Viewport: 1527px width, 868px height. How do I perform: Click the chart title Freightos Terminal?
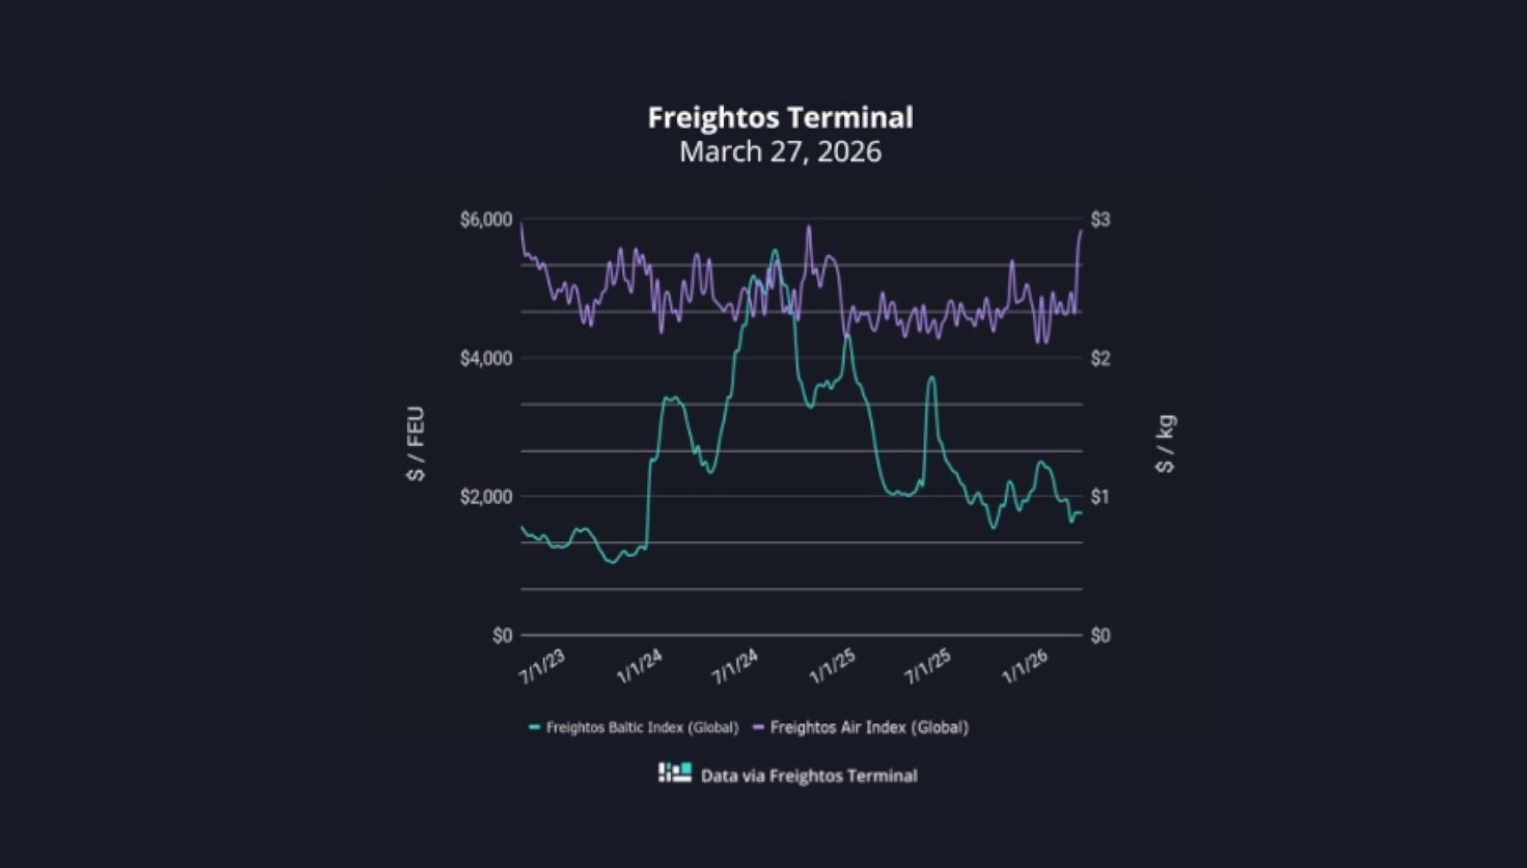click(x=780, y=118)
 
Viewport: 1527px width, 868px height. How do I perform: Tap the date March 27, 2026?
click(x=780, y=152)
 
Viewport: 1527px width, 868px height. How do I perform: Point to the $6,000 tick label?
click(x=485, y=219)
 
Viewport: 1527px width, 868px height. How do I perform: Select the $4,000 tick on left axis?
click(x=485, y=358)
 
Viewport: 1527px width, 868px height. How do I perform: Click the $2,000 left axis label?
click(x=485, y=497)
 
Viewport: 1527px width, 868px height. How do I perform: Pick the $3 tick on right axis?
click(x=1100, y=219)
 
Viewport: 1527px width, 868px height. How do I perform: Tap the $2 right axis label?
click(x=1100, y=358)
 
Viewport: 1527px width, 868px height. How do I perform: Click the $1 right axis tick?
click(x=1100, y=497)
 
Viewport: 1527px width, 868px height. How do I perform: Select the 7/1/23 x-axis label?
click(x=542, y=667)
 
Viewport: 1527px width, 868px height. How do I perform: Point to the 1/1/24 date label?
click(x=639, y=667)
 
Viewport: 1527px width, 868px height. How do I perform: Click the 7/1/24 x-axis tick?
click(x=735, y=667)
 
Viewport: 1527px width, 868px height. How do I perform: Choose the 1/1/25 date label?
click(x=832, y=667)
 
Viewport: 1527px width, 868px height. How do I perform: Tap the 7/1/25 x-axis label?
click(x=927, y=667)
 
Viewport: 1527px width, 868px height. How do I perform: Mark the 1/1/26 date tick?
click(x=1025, y=667)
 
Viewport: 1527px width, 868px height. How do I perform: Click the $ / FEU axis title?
click(x=416, y=444)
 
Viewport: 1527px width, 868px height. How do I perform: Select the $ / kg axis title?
click(x=1165, y=444)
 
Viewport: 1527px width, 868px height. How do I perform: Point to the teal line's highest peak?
click(x=775, y=251)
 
